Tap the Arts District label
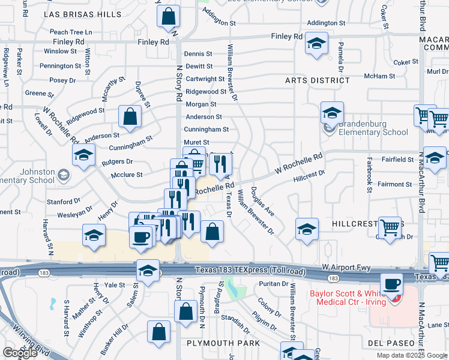pyautogui.click(x=317, y=80)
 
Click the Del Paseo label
pyautogui.click(x=391, y=343)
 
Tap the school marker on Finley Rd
pyautogui.click(x=316, y=43)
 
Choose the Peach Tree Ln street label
pyautogui.click(x=71, y=31)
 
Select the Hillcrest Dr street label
pyautogui.click(x=309, y=176)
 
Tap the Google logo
pyautogui.click(x=20, y=353)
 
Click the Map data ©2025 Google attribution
pyautogui.click(x=412, y=355)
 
